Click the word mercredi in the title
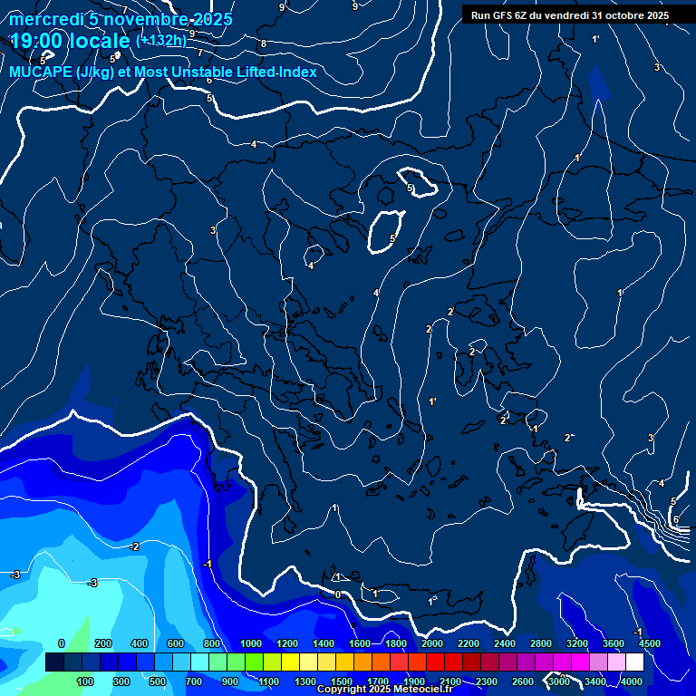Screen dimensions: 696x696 (45, 18)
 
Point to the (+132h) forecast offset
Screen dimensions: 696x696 (160, 41)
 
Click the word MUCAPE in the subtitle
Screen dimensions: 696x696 (35, 72)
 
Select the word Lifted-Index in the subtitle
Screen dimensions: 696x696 (271, 72)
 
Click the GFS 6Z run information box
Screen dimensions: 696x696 (569, 15)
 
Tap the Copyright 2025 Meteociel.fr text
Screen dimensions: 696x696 (384, 690)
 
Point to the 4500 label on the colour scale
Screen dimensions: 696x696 (649, 643)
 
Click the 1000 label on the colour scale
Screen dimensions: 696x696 (250, 643)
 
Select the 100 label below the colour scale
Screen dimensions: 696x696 (85, 681)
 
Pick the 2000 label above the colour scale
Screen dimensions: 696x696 (431, 643)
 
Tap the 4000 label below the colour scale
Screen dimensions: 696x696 (632, 681)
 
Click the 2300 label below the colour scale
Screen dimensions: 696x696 (486, 681)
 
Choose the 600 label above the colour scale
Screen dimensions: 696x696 (177, 643)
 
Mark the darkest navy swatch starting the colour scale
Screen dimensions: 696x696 (54, 662)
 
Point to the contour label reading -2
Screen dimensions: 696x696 (133, 546)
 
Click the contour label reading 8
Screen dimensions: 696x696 (264, 43)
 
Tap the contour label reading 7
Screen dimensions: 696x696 (200, 53)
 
